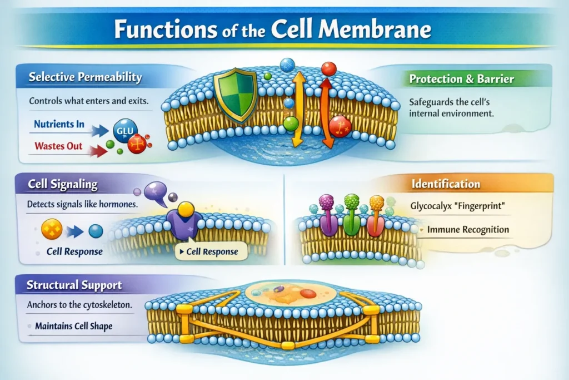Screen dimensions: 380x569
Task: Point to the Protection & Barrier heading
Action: [461, 79]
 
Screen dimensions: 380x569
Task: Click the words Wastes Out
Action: [58, 146]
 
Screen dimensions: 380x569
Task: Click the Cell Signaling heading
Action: [62, 184]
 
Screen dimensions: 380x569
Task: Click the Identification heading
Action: [446, 184]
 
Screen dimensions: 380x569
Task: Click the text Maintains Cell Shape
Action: [73, 325]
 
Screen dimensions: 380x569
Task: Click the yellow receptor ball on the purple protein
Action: [186, 209]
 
